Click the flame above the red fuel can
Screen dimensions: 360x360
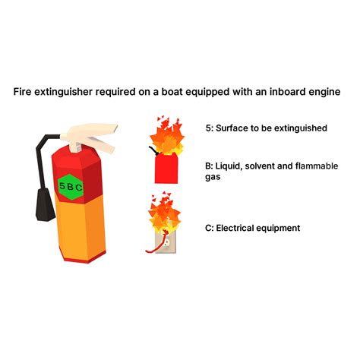(x=166, y=134)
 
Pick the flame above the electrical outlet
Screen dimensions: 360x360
(x=163, y=213)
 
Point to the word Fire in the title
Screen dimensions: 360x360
(x=23, y=93)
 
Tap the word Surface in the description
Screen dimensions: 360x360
(x=232, y=128)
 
